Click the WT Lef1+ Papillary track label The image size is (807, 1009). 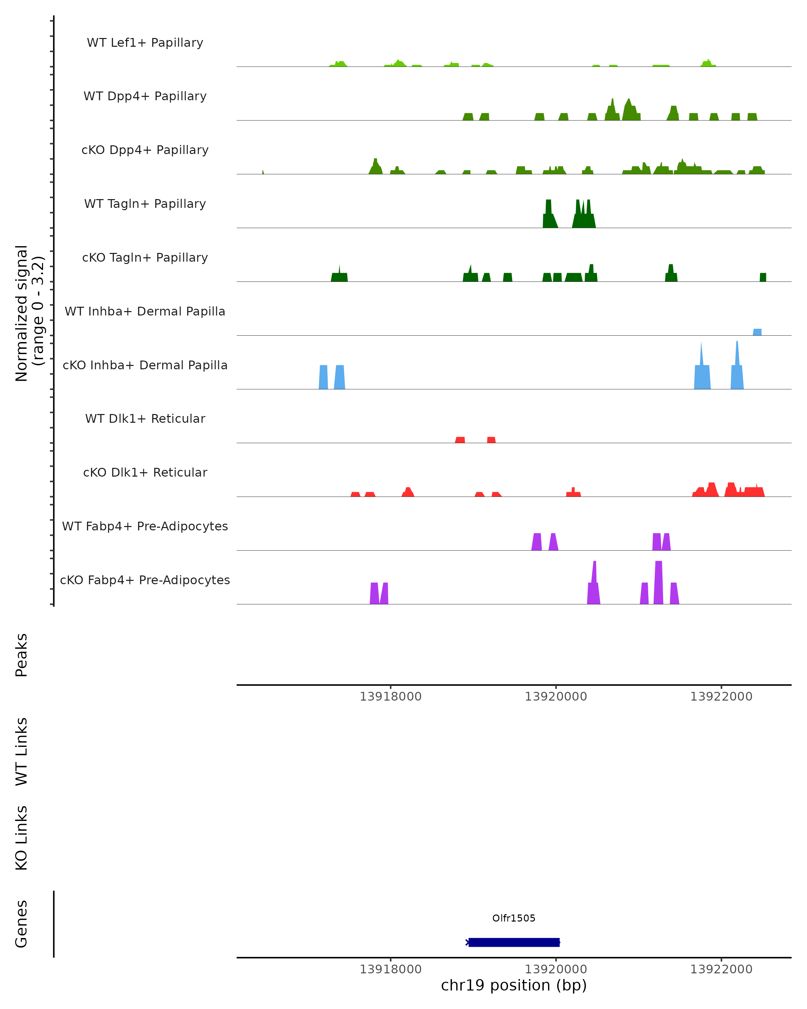[x=145, y=43]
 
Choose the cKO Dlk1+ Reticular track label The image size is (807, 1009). [x=145, y=472]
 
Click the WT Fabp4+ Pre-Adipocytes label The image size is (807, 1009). [x=145, y=526]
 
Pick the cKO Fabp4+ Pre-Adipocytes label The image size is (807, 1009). [x=145, y=580]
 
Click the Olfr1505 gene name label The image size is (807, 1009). [x=514, y=918]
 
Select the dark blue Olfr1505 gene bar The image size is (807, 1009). [x=514, y=942]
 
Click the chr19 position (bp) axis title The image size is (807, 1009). [x=514, y=985]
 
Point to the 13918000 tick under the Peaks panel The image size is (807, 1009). [x=391, y=697]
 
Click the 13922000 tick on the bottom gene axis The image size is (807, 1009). [x=721, y=969]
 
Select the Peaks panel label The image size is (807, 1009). [x=22, y=655]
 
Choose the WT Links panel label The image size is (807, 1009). [x=22, y=751]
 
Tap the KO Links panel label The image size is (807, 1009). [x=22, y=838]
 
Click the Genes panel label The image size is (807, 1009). [x=22, y=924]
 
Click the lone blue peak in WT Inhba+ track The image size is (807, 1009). [x=757, y=332]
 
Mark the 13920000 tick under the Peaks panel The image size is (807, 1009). [x=556, y=697]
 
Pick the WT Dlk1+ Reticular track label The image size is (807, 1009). [x=145, y=418]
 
